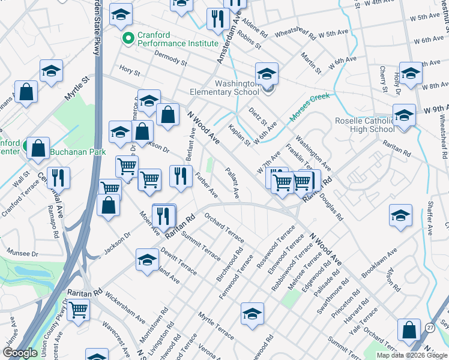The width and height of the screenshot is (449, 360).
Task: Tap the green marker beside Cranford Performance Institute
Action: point(127,39)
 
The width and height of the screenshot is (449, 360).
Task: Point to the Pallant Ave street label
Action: point(232,184)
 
